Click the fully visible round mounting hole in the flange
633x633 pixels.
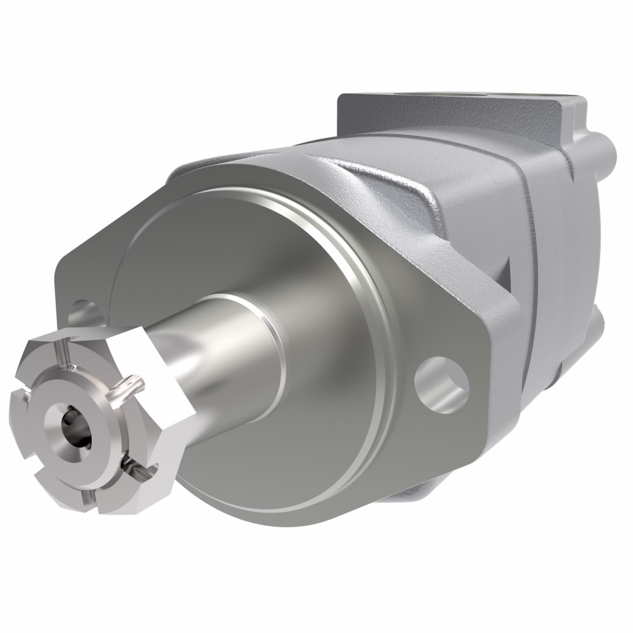click(x=442, y=381)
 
